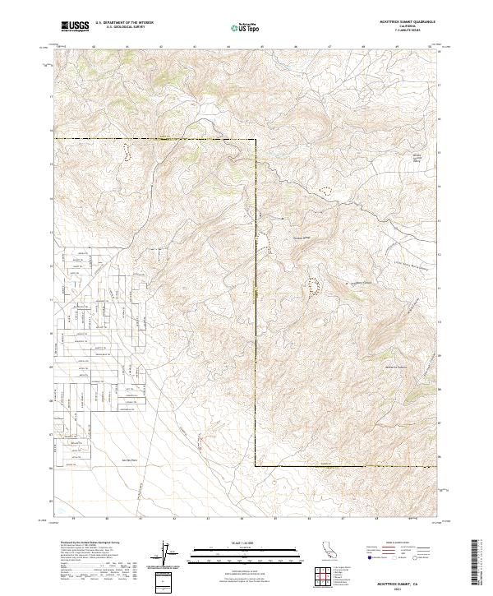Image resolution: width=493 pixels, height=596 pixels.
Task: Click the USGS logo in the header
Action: [x=75, y=27]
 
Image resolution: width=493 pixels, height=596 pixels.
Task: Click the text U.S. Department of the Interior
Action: [x=124, y=24]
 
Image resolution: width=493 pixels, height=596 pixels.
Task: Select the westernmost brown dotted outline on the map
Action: [x=127, y=152]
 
